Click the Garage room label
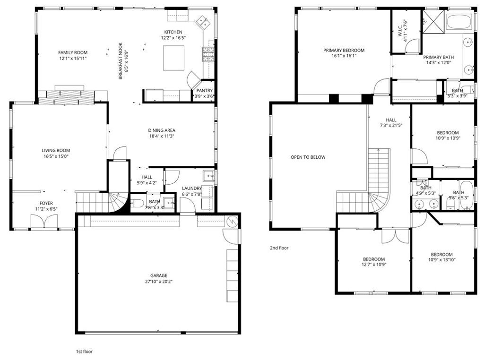pos(159,275)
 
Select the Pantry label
pos(204,90)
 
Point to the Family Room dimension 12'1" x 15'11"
pos(73,59)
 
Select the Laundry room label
pos(192,188)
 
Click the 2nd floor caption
pos(279,248)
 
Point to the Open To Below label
pos(308,157)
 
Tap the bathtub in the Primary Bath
pos(458,23)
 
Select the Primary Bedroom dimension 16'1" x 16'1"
pos(344,56)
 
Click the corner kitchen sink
pos(204,21)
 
